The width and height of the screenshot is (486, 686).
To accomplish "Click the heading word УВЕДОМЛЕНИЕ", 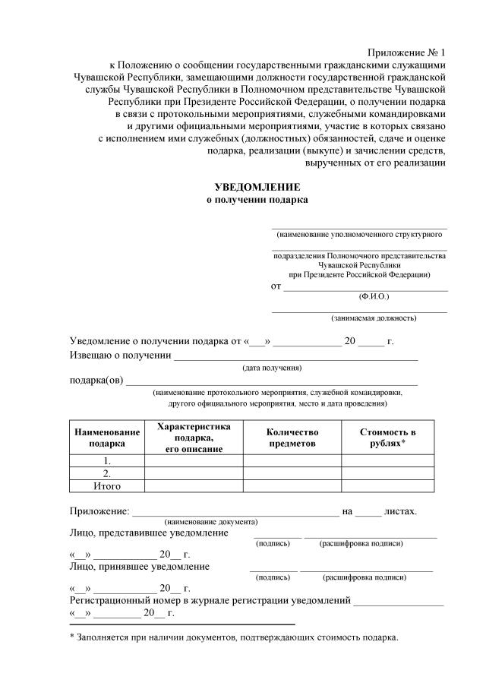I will [257, 187].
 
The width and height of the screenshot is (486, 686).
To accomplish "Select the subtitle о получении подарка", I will [257, 200].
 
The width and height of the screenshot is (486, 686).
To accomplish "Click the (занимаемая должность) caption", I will [374, 318].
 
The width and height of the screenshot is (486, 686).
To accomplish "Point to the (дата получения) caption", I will [272, 368].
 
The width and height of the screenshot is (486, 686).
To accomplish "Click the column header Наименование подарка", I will [106, 438].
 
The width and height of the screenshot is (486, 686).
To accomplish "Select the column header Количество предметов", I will [292, 438].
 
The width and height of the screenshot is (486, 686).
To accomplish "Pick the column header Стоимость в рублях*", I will [387, 438].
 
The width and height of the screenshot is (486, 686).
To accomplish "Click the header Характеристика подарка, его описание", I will [193, 438].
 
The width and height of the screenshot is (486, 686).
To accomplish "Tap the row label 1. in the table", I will [106, 460].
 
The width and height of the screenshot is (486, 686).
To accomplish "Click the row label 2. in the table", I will [106, 473].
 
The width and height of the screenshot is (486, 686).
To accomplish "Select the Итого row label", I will [106, 486].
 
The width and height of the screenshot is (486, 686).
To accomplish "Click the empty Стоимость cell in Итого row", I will [387, 486].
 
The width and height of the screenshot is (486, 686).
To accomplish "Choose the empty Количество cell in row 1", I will [292, 460].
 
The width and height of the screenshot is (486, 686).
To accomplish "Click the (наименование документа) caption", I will [210, 522].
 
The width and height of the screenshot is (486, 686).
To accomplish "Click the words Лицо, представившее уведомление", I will [149, 533].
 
